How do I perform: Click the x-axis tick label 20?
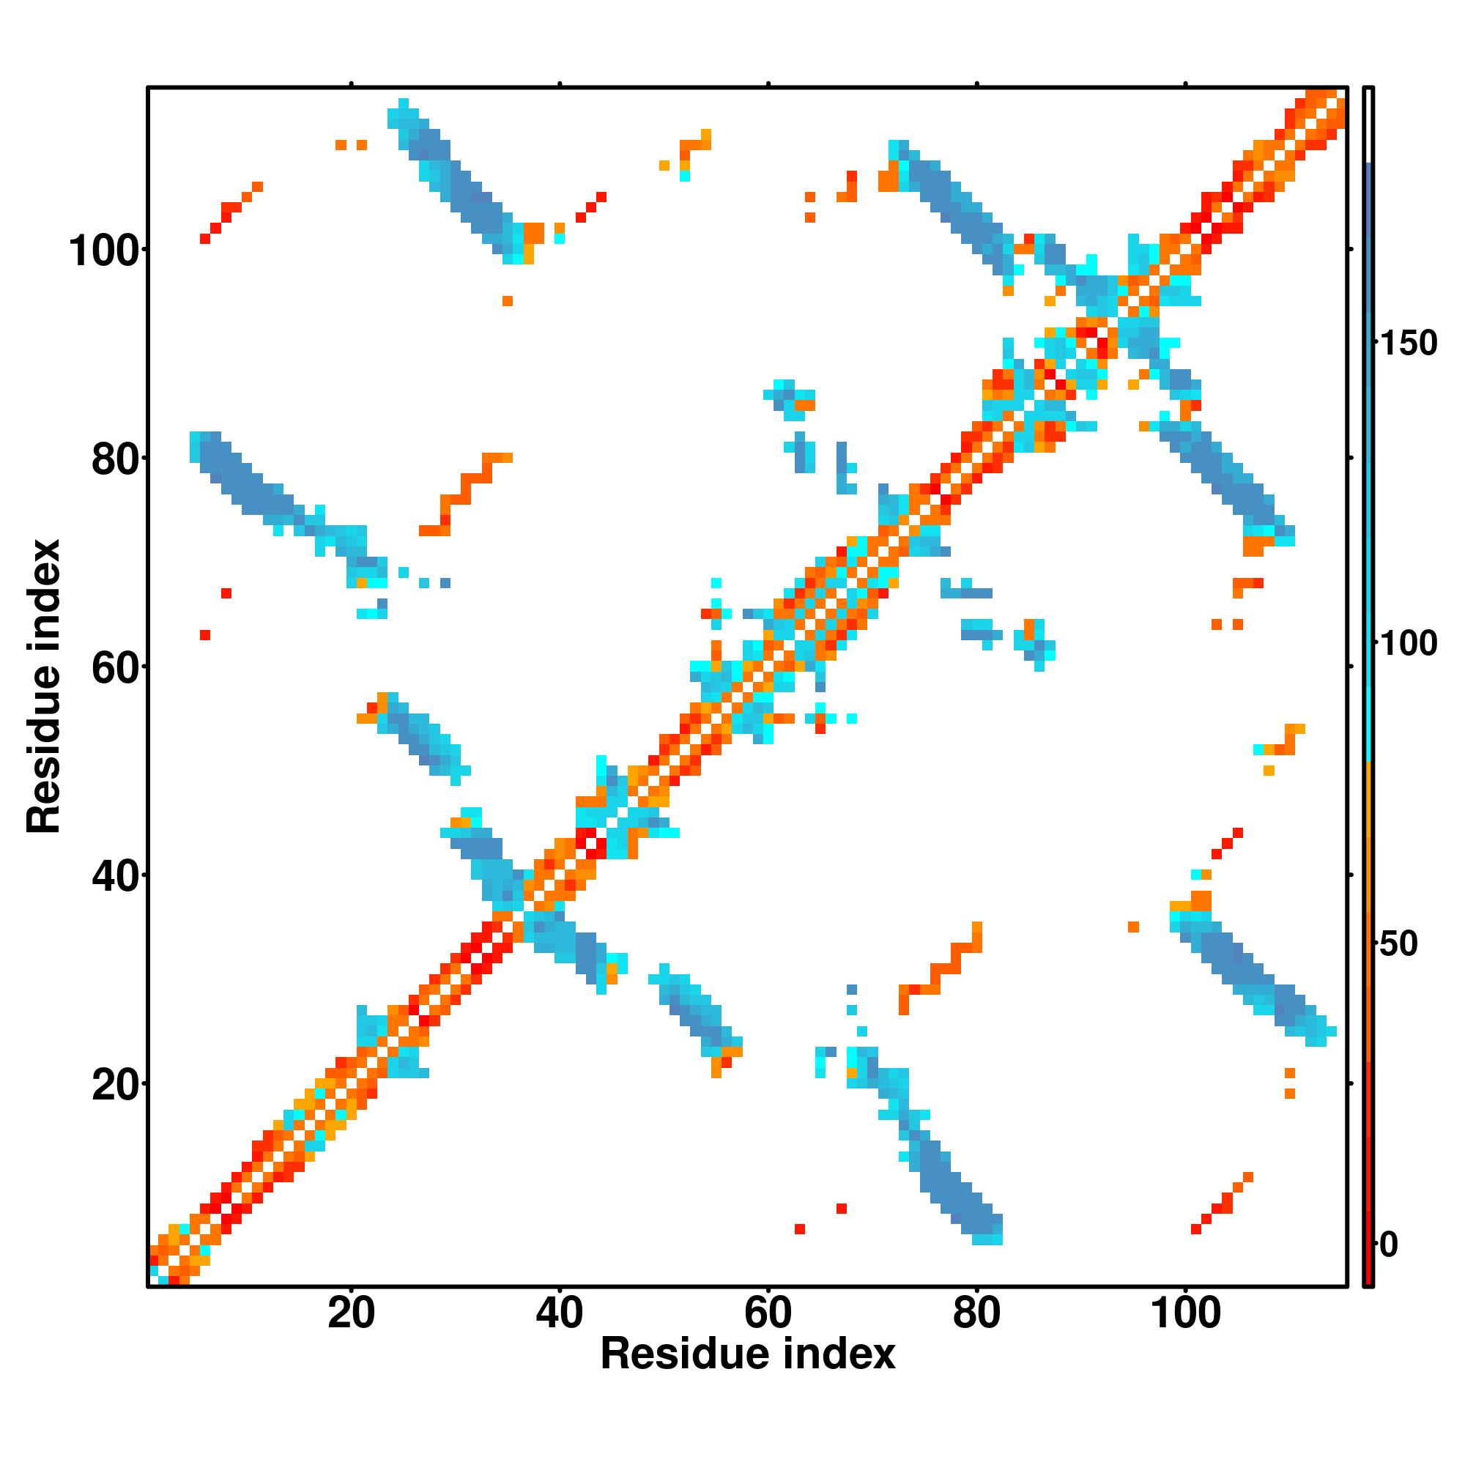click(351, 1313)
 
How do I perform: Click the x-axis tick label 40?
click(559, 1313)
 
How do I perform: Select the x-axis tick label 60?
click(768, 1313)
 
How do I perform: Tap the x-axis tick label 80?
click(976, 1313)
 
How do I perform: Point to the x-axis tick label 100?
click(1185, 1313)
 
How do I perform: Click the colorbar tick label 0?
click(1389, 1245)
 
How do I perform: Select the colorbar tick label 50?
click(1398, 944)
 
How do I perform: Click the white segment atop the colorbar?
click(1369, 125)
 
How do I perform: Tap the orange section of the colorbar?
click(1369, 834)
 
